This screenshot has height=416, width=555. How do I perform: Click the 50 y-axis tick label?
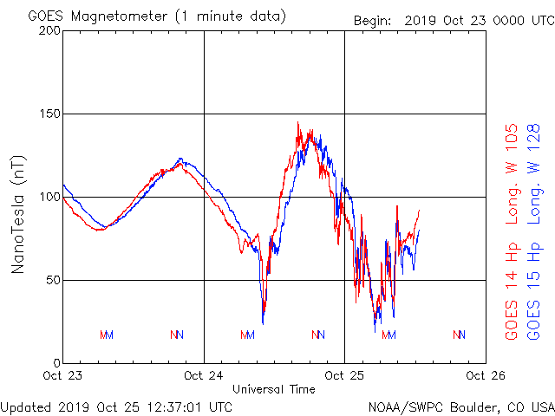(x=52, y=280)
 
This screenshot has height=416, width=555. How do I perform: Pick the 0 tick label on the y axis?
(x=55, y=362)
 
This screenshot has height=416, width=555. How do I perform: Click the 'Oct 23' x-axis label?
(x=62, y=376)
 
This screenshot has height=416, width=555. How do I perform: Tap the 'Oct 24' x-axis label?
(x=204, y=376)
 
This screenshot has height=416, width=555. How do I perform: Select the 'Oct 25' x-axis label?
(x=345, y=376)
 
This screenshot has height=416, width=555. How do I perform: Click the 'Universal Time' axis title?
(x=274, y=389)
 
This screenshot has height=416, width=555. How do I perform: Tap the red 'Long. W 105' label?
(x=513, y=173)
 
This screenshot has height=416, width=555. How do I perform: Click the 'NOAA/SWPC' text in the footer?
(x=402, y=406)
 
